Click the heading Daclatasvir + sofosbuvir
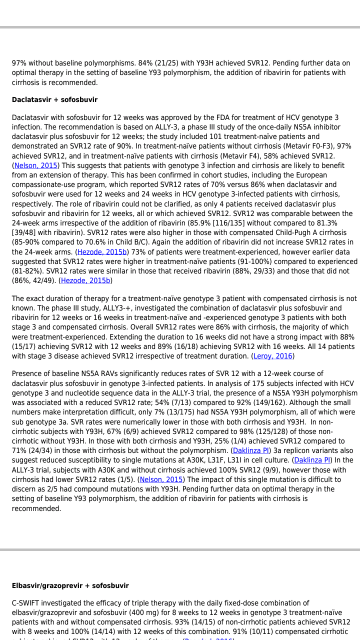54,99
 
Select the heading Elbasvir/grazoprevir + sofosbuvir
70,585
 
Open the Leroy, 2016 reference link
273,356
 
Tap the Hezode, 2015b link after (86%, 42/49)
85,280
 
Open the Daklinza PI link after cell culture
312,460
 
